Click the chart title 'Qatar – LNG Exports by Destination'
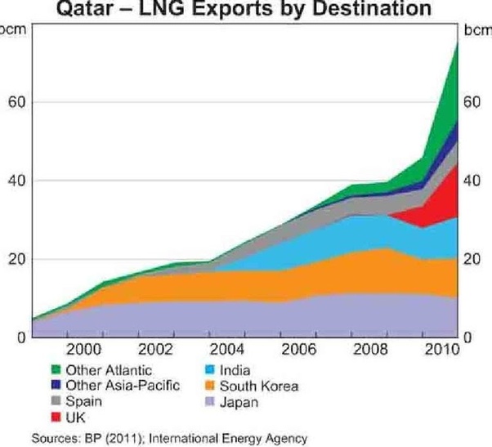coord(246,10)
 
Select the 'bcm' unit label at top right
coord(476,31)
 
